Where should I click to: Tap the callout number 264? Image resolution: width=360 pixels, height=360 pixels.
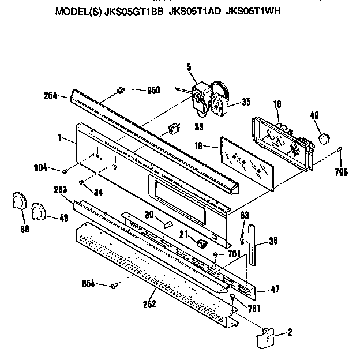(x=50, y=96)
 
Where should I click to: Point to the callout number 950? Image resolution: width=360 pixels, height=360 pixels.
(x=153, y=90)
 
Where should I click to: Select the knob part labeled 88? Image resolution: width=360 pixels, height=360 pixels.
(x=20, y=203)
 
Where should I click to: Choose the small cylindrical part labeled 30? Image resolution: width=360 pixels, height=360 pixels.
(x=167, y=223)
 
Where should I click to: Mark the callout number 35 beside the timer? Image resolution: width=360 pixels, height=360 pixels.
(x=246, y=103)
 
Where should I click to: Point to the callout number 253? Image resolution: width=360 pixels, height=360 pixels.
(x=61, y=189)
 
